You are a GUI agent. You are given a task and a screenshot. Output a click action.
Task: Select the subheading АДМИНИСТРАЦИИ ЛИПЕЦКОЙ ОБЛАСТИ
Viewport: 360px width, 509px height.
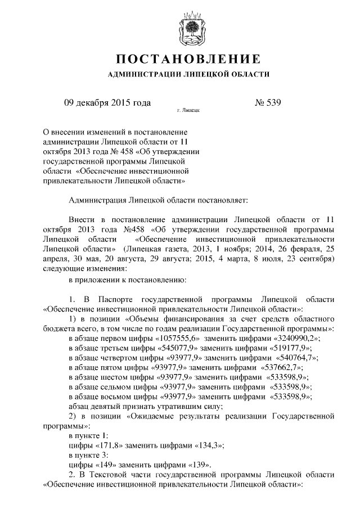(x=188, y=74)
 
